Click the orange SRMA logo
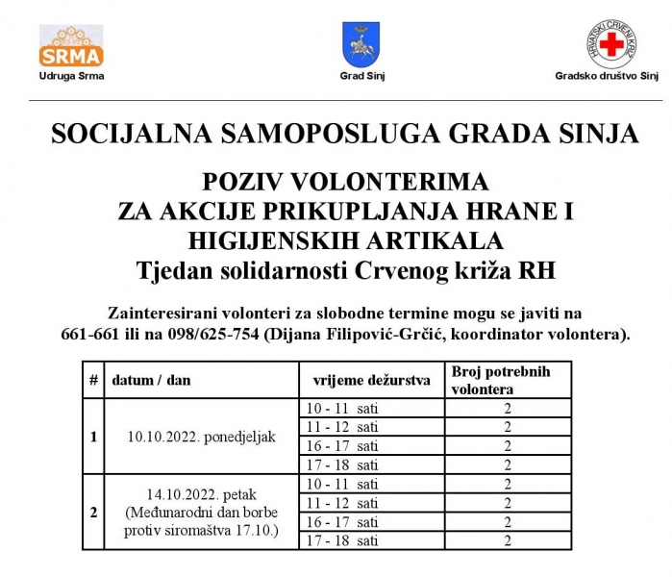[x=71, y=44]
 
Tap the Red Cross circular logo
[x=611, y=44]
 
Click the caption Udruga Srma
[x=71, y=75]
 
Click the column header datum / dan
[x=151, y=380]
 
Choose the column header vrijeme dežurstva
[x=364, y=380]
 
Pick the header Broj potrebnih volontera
[x=500, y=380]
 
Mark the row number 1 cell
[x=93, y=437]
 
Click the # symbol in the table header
[x=93, y=380]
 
